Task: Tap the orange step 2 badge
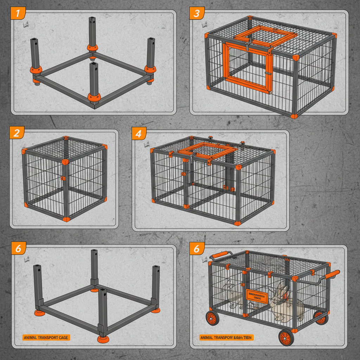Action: coord(17,133)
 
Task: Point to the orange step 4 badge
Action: coord(139,134)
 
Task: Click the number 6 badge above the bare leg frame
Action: coord(18,248)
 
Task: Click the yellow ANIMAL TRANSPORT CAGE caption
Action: coord(46,337)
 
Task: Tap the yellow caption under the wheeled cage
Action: coord(226,337)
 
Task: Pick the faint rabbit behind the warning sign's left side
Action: coord(233,295)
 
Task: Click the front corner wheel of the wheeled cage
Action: coord(286,338)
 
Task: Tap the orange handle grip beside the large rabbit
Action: coord(332,274)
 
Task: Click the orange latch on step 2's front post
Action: coord(63,179)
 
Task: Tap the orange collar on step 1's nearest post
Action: coord(94,96)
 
